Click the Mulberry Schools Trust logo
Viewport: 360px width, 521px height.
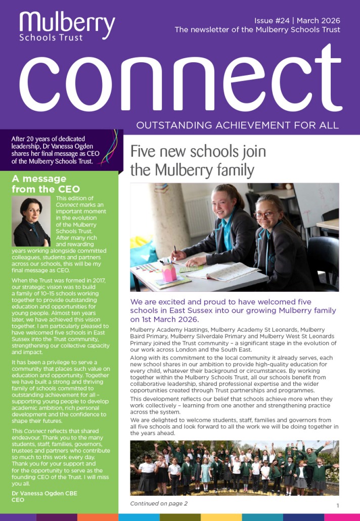67,25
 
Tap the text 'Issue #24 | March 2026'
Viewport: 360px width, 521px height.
297,20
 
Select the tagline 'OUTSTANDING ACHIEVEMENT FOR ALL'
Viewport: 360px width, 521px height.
238,125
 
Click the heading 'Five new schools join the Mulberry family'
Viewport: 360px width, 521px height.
198,160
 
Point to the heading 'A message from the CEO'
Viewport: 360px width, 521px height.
46,184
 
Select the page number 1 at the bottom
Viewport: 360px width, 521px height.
337,505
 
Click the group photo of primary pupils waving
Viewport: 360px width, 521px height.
235,467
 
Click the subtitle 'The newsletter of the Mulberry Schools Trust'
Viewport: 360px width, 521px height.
257,30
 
